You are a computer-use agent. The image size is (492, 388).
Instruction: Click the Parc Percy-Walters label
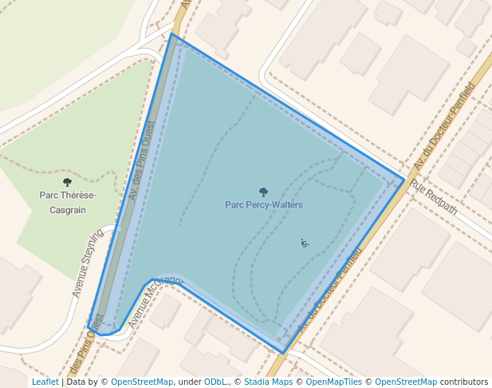pos(263,204)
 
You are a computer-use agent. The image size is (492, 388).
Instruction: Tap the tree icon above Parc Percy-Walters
pos(263,192)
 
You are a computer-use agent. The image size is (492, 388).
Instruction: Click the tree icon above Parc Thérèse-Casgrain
pos(67,183)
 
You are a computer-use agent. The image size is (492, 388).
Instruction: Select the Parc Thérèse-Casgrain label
pos(67,202)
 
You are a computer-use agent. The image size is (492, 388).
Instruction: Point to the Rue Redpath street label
pos(434,196)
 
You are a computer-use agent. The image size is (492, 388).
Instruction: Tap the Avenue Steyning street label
pos(88,263)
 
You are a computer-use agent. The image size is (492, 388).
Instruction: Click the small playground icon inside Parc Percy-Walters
pos(304,243)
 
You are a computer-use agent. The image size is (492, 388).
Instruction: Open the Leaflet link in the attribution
pos(45,382)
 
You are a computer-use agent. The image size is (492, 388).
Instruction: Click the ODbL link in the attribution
pos(215,382)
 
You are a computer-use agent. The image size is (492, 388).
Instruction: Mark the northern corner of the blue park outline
pos(171,34)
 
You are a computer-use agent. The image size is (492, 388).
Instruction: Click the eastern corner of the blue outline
pos(404,180)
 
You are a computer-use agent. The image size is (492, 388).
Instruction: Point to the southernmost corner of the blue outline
pos(283,352)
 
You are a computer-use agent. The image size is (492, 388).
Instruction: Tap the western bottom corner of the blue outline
pos(89,327)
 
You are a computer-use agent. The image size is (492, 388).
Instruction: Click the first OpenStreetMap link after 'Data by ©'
pos(142,382)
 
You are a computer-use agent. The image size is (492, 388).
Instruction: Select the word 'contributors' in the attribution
pos(464,382)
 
